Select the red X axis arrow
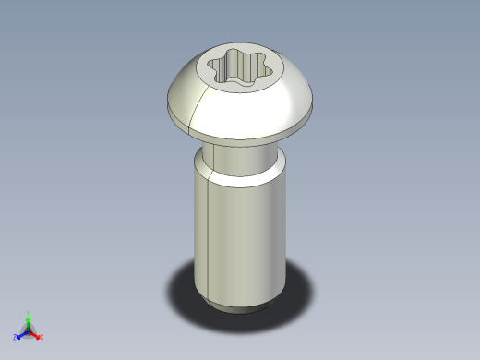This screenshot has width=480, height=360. pyautogui.click(x=36, y=334)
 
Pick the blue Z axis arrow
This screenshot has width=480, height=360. pyautogui.click(x=21, y=334)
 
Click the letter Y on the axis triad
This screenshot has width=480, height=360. pyautogui.click(x=29, y=314)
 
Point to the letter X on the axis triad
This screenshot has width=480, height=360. pyautogui.click(x=42, y=338)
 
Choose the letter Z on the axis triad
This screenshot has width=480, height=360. pyautogui.click(x=16, y=338)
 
